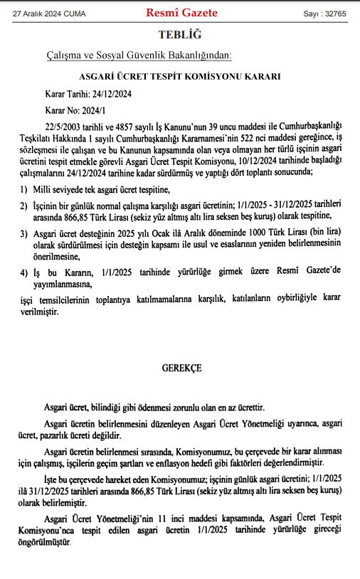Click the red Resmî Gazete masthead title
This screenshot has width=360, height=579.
click(182, 12)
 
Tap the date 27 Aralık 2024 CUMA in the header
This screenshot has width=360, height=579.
click(48, 14)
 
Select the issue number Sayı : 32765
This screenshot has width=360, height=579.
click(324, 14)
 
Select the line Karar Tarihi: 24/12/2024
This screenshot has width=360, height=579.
click(88, 93)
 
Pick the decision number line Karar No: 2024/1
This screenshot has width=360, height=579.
click(75, 111)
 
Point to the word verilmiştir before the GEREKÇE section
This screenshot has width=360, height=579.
click(39, 312)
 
